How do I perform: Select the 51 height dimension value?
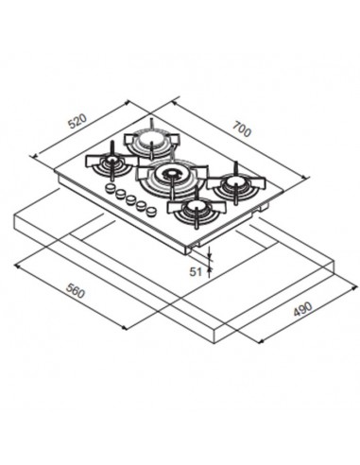point(196,271)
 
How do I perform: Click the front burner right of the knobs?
point(196,205)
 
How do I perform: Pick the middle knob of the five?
point(130,198)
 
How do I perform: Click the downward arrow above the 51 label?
point(211,256)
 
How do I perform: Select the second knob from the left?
point(121,194)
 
